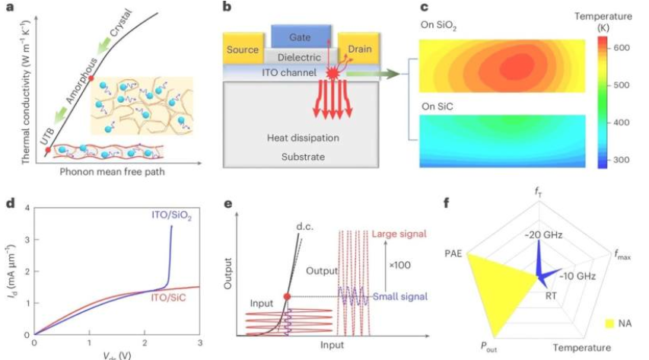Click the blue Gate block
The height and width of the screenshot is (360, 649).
pos(301,35)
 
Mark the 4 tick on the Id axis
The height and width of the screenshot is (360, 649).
pos(27,209)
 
